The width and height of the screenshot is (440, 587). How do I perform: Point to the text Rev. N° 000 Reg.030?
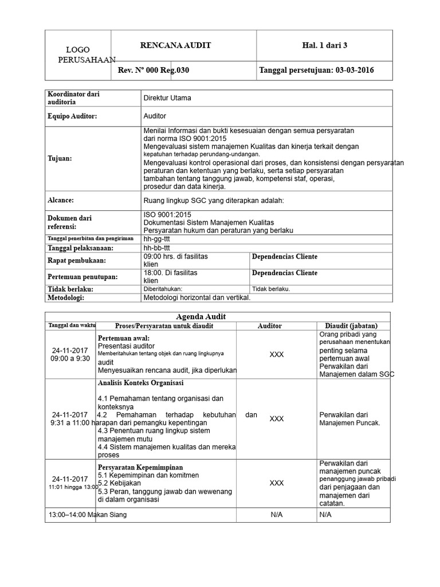(153, 71)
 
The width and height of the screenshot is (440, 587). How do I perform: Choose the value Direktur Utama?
(167, 98)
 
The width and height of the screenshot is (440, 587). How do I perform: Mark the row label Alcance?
(61, 200)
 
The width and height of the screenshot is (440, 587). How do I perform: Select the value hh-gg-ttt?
(156, 238)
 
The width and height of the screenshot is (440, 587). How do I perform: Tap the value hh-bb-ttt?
(156, 248)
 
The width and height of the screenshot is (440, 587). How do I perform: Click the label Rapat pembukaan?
(74, 261)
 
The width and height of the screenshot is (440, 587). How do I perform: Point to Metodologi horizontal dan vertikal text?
(197, 298)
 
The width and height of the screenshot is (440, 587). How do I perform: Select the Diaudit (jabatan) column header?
(352, 326)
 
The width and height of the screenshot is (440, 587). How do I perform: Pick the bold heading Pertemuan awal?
(124, 338)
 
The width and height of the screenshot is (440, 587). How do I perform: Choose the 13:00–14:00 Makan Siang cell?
(87, 515)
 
